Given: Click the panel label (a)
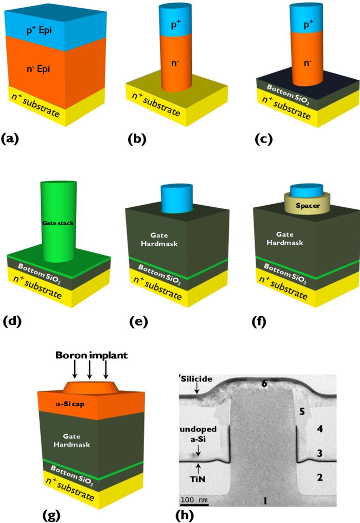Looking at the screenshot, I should click(11, 137).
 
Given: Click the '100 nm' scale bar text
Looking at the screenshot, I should click(193, 499).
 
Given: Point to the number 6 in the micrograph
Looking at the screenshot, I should click(263, 383).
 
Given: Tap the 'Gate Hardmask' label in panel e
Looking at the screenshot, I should click(149, 240).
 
